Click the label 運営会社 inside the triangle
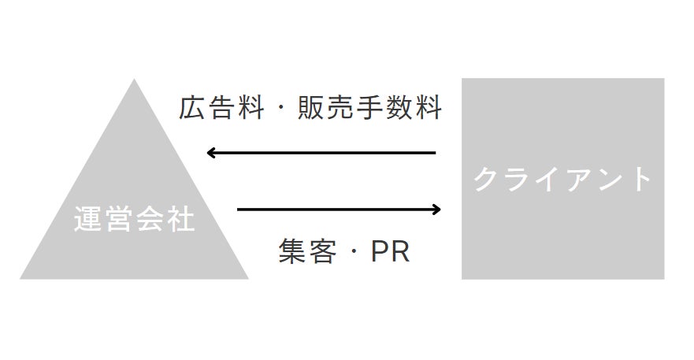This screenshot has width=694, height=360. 134,219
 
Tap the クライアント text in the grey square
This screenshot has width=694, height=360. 562,180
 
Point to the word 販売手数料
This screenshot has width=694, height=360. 370,108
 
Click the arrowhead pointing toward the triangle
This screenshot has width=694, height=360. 212,153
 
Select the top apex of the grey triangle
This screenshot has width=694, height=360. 134,80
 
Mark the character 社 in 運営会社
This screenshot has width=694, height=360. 180,219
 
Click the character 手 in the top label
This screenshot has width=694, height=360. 370,108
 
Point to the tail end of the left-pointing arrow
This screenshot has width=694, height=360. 434,153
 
